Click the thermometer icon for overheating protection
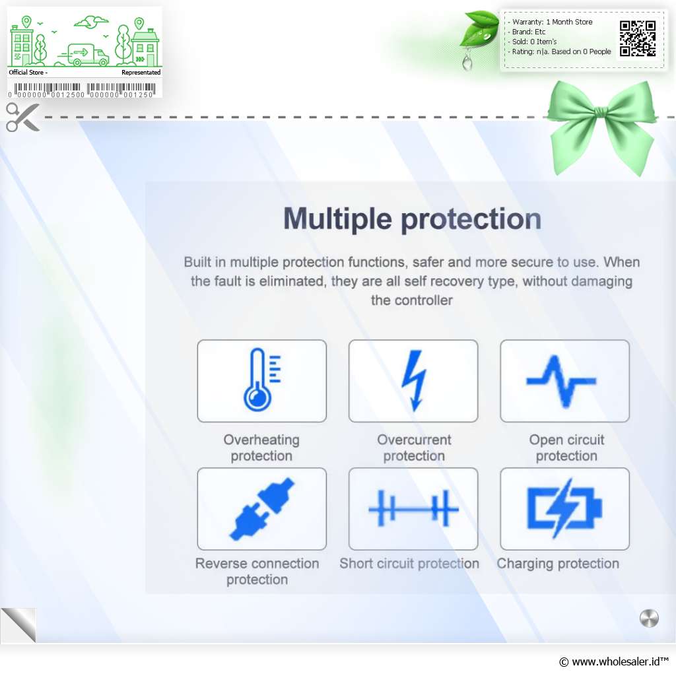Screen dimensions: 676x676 [259, 380]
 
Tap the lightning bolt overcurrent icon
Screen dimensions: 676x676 [414, 380]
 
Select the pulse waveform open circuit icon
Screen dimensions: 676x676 [561, 381]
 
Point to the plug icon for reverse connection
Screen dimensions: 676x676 [261, 509]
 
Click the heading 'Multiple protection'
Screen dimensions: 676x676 [412, 219]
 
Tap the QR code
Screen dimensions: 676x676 [638, 39]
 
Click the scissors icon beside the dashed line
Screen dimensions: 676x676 [22, 117]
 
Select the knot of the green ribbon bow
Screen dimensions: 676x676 [600, 113]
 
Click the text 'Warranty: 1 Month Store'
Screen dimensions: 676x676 [553, 22]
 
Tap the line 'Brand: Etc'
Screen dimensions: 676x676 [529, 32]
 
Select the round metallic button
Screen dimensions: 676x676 [649, 618]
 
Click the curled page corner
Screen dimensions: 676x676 [19, 625]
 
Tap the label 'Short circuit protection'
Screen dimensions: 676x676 [409, 564]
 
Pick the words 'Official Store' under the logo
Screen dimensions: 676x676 [26, 73]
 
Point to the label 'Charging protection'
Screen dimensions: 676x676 [558, 564]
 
